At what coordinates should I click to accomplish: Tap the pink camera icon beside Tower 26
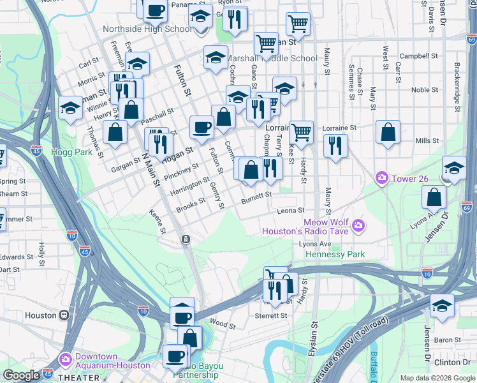382,177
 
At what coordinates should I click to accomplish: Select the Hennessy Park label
335,254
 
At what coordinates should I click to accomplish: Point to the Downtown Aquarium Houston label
113,361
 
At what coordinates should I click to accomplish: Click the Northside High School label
147,29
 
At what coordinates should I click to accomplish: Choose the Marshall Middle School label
278,59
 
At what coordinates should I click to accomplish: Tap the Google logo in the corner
21,375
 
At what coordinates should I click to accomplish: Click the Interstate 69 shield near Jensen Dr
467,208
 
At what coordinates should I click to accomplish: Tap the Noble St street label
421,90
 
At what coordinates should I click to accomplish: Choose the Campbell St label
418,56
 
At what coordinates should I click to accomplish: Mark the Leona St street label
291,210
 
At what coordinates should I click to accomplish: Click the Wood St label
223,324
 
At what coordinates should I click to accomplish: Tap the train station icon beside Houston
64,315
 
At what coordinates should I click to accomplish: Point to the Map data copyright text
437,378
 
